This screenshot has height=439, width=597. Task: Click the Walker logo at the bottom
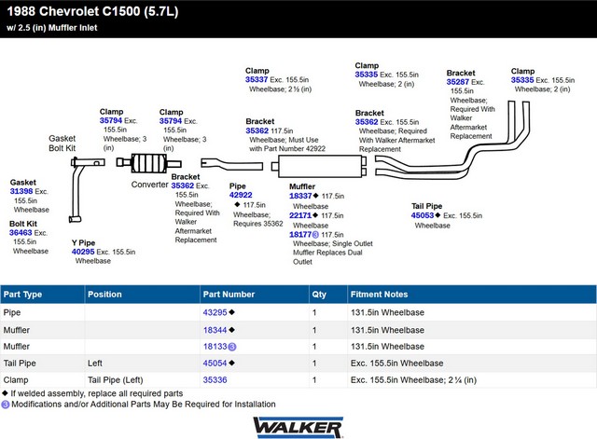298,427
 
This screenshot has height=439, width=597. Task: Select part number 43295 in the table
215,312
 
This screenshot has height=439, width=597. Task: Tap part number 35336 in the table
215,379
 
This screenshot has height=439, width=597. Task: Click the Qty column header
319,294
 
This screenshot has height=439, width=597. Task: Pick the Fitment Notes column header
379,294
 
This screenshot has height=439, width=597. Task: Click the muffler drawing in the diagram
319,166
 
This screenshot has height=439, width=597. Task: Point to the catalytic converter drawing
148,163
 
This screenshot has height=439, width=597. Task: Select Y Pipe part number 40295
83,252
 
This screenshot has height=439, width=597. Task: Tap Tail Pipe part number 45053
423,215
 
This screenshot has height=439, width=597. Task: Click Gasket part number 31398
21,191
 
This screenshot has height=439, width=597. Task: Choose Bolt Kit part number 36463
21,232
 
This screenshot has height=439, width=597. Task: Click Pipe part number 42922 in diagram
241,195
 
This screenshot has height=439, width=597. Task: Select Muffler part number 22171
300,215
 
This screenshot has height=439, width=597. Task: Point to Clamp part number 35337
257,79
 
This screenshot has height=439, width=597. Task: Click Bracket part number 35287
458,82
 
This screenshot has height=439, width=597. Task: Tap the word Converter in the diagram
149,185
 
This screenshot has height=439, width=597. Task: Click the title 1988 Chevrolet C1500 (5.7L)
92,11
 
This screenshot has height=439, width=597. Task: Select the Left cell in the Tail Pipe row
95,363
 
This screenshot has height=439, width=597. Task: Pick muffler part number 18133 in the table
215,347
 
